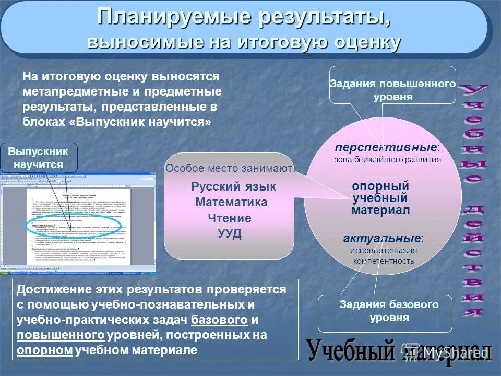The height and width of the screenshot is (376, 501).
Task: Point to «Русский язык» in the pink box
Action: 233,187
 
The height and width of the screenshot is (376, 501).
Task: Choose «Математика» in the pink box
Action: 231,203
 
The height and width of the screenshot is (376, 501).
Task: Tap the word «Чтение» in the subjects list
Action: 229,218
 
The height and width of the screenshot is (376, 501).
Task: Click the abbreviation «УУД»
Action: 229,233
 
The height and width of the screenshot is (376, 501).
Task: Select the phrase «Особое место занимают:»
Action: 230,168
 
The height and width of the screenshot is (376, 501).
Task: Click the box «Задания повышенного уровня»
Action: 392,90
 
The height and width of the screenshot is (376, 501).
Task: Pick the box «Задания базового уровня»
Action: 389,311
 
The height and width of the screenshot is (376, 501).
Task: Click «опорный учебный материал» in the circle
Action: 380,198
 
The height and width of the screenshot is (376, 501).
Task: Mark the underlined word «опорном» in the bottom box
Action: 44,350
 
